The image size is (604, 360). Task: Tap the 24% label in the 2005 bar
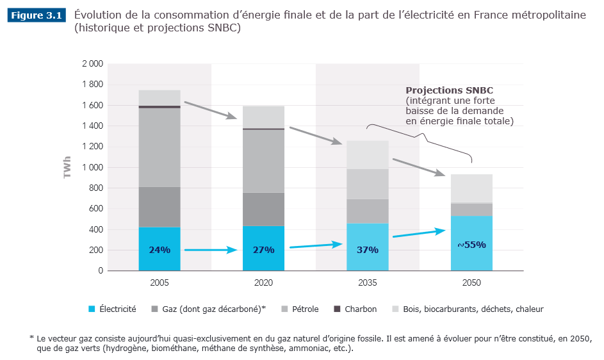coord(159,250)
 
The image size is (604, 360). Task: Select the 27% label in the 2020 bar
coord(263,250)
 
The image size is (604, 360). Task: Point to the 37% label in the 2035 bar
coord(368,250)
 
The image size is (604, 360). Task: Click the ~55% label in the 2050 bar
coord(471,245)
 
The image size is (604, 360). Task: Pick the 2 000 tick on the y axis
coord(92,64)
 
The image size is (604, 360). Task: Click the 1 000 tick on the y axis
coord(92,168)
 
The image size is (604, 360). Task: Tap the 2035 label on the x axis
coord(368,282)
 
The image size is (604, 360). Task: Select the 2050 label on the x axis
coord(471,282)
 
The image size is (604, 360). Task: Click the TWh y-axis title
coord(67,168)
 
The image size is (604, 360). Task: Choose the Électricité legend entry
coord(112,309)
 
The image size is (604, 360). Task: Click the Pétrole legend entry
coord(300,309)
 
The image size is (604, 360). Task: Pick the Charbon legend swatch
coord(337,309)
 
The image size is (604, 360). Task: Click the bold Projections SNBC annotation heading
coord(450,90)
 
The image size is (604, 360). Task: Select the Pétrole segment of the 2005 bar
coord(159,147)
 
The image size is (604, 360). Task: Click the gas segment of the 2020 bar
coord(263,209)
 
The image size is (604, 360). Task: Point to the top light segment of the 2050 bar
coord(471,188)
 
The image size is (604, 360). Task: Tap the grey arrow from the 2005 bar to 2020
coord(210,110)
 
